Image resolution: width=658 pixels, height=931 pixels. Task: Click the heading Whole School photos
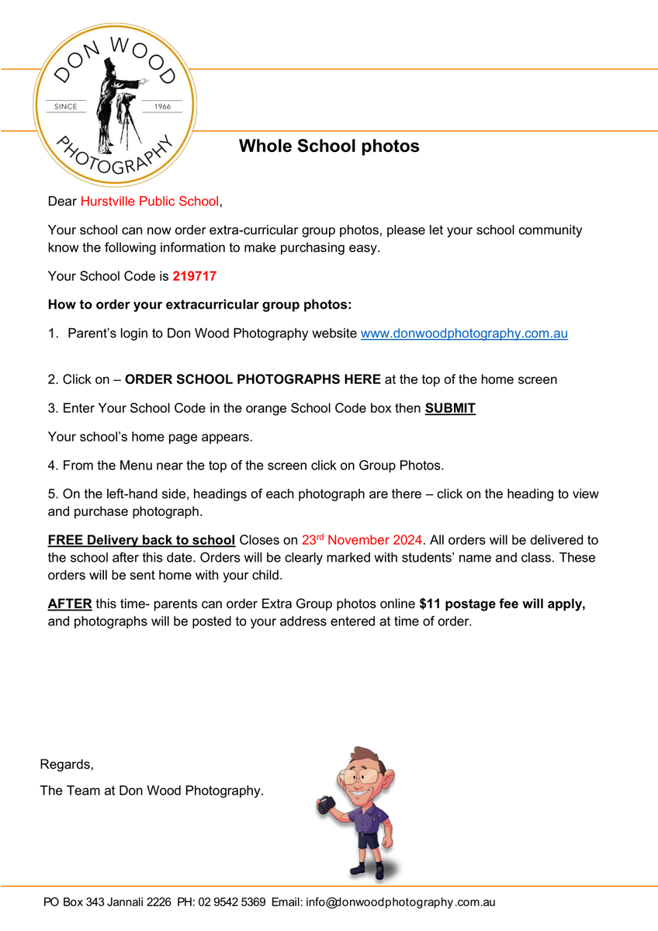coord(329,146)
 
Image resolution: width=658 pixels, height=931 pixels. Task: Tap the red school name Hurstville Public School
coord(150,202)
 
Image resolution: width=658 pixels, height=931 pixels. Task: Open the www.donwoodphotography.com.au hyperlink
coord(464,334)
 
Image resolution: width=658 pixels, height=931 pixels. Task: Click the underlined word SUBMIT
coord(450,408)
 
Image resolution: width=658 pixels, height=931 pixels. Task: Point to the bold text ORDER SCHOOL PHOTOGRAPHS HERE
coord(252,380)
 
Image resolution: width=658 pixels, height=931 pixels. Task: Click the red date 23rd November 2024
coord(362,540)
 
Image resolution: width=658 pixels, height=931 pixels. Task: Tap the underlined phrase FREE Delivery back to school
coord(141,540)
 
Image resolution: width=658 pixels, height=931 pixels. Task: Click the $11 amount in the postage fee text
coord(430,604)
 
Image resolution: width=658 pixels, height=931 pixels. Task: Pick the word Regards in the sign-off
coord(66,765)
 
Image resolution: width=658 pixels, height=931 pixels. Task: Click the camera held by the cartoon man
coord(327,805)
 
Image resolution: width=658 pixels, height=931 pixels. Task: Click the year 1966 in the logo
coord(163,106)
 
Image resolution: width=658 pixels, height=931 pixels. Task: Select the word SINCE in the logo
coord(65,106)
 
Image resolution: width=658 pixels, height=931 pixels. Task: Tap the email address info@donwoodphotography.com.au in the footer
coord(400,902)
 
